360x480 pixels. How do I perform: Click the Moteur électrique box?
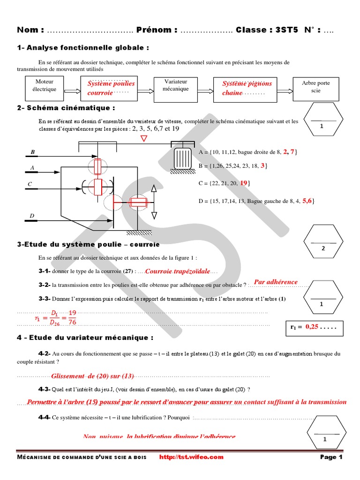click(45, 86)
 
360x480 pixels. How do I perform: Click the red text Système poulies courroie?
click(111, 88)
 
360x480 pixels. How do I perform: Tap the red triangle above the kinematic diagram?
click(144, 139)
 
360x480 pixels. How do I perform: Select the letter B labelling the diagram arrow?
click(33, 152)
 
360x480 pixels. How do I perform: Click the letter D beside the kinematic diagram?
click(32, 216)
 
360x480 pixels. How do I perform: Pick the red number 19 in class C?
click(243, 183)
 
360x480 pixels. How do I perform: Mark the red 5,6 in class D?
click(307, 200)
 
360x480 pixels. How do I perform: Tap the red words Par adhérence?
click(275, 282)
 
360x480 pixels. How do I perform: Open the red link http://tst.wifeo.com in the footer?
click(192, 457)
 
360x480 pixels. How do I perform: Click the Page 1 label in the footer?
click(331, 457)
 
